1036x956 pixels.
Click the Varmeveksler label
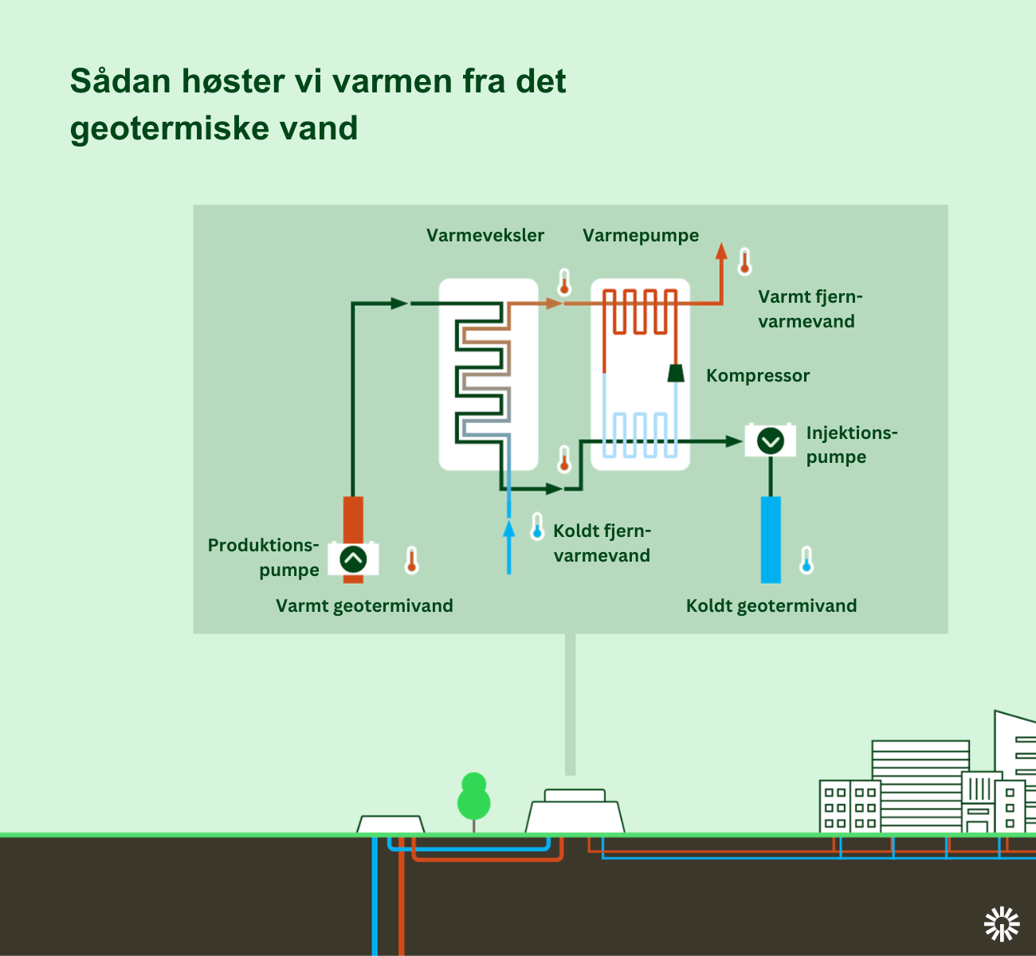485,235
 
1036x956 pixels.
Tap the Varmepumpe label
641,236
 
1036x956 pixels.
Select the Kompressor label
758,375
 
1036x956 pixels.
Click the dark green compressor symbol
676,373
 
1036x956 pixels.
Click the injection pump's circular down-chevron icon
771,441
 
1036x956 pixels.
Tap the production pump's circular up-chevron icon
353,559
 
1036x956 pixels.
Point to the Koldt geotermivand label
771,606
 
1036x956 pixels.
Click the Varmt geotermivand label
364,606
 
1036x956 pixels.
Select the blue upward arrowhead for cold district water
509,528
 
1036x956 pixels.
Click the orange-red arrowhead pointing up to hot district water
721,251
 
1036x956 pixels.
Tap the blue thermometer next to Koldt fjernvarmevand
537,527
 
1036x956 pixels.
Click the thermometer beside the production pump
411,560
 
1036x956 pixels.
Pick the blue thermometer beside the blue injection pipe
806,560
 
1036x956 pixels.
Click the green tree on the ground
473,798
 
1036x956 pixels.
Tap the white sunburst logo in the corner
1002,924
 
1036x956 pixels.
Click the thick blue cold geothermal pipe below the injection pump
771,540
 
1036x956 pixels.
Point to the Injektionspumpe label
852,445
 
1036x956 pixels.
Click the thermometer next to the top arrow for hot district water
744,261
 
